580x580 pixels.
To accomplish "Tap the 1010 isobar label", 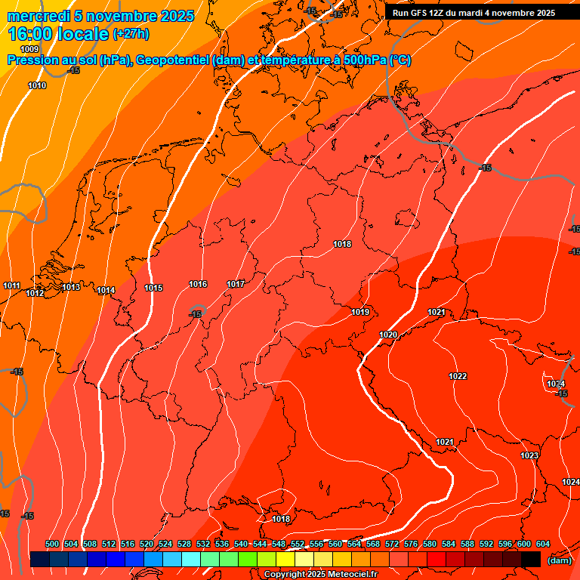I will (x=37, y=85).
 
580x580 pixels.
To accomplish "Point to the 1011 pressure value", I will (x=12, y=285).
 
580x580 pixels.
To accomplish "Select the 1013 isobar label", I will (x=71, y=287).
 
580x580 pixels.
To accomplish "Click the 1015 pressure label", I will (x=153, y=288).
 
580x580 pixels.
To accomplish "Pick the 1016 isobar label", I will (x=198, y=284).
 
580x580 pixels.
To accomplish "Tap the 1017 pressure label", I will (x=236, y=284).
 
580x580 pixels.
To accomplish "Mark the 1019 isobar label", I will (x=360, y=312).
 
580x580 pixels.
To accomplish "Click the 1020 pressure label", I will (x=388, y=335).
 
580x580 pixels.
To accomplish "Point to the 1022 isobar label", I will (x=458, y=376).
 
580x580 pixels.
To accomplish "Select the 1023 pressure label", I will (x=529, y=455).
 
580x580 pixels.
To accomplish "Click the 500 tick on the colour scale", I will (x=52, y=544).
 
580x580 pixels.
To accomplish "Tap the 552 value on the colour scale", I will (x=298, y=544).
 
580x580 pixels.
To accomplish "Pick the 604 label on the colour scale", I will (x=543, y=544).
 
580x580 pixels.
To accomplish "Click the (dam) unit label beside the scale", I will (x=559, y=560).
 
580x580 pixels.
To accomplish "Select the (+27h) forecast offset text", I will (x=131, y=34).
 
